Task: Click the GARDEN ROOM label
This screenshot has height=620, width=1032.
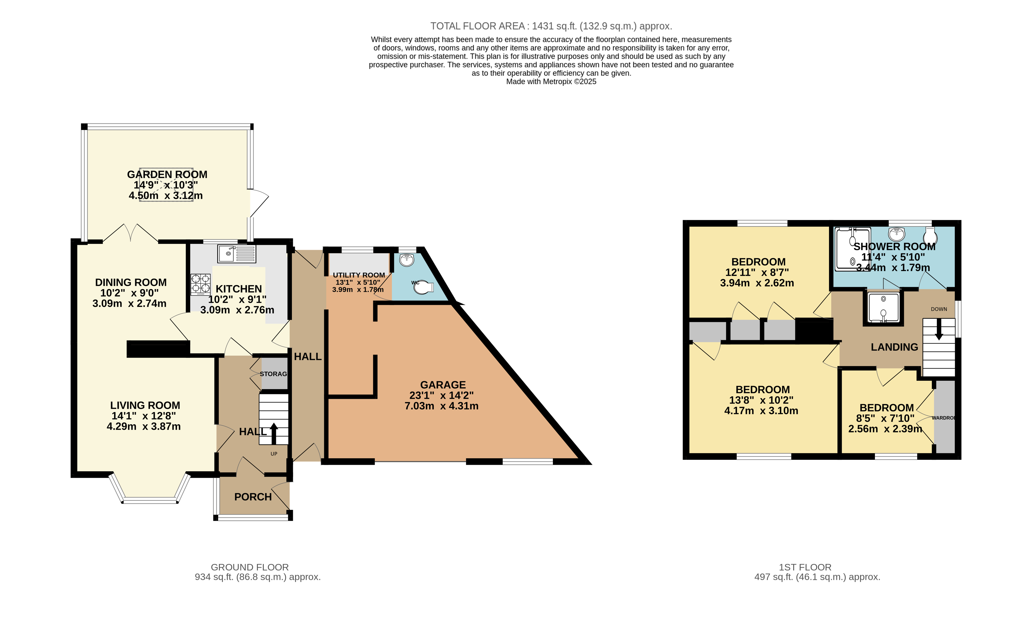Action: point(167,174)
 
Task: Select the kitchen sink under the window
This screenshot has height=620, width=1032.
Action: point(236,254)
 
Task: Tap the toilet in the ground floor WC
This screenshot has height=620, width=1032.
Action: point(425,287)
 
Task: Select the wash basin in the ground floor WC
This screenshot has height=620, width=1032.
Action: point(406,260)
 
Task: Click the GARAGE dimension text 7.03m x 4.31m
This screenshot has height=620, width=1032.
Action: point(441,406)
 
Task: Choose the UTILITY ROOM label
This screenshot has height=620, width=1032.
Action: point(358,275)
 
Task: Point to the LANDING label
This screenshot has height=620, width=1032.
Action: point(894,347)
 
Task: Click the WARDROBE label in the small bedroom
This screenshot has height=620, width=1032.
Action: point(943,418)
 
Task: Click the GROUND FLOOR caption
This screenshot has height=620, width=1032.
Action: point(250,567)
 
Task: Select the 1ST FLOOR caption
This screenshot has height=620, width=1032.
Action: point(805,567)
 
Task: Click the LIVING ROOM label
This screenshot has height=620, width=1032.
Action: point(145,405)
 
